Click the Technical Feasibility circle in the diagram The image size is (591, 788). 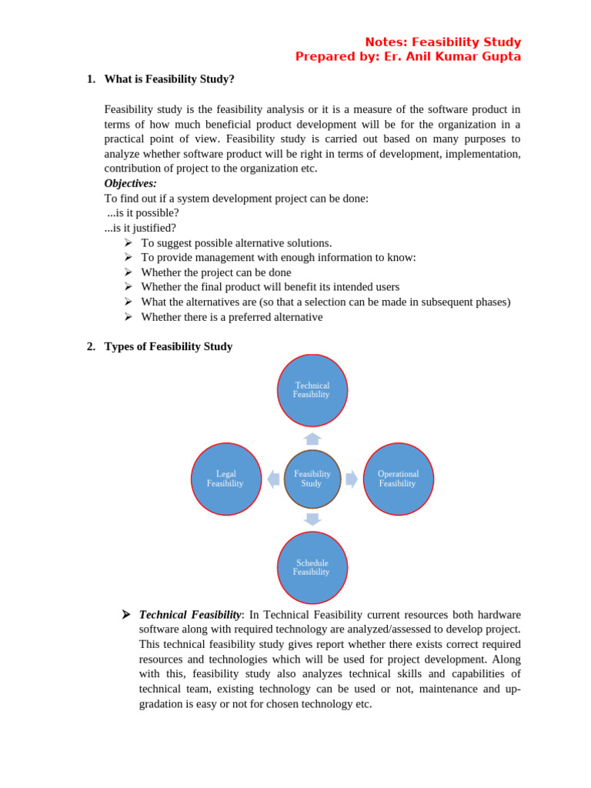point(312,390)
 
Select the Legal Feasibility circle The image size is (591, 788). point(225,479)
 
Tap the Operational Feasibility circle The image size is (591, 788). point(398,479)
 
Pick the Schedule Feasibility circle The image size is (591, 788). point(312,568)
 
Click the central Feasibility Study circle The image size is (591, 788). point(312,479)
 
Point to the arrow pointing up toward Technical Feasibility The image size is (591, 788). point(312,439)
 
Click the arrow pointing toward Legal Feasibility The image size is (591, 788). point(273,479)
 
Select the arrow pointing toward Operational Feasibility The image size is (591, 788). point(351,479)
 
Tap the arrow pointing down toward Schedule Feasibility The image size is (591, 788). point(312,519)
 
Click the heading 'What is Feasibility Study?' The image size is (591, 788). point(169,79)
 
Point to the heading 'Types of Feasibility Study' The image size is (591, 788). point(168,346)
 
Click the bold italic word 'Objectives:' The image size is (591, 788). point(130,183)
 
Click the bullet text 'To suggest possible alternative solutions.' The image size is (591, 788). point(236,242)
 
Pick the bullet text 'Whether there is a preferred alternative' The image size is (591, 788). point(232,317)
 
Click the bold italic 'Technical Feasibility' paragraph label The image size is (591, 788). point(190,615)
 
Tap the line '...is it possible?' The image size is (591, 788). point(143,213)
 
